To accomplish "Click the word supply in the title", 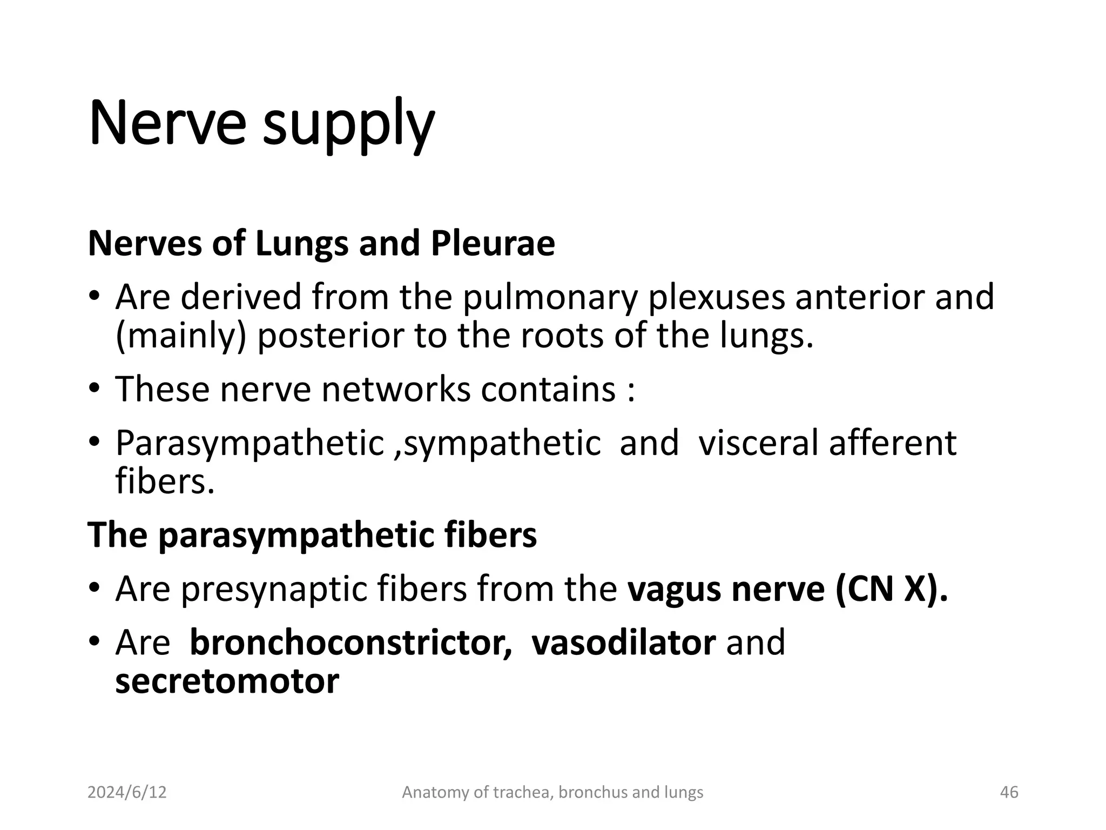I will [348, 125].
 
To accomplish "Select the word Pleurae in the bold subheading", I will [493, 243].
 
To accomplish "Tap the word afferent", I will [893, 443].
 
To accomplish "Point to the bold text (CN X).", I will [891, 588].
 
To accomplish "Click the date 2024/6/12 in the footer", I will [127, 792].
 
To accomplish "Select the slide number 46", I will [1009, 792].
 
